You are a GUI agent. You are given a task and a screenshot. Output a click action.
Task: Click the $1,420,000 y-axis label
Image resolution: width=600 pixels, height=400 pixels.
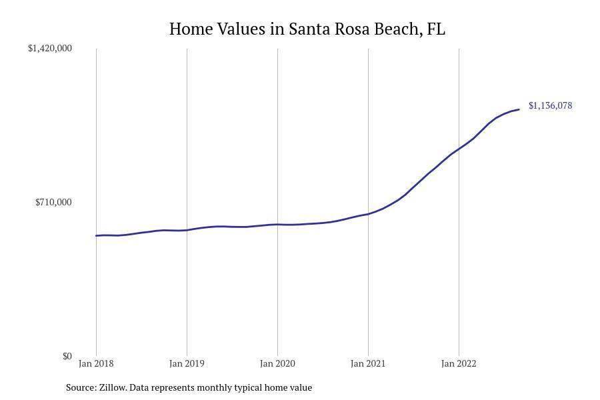tap(50, 48)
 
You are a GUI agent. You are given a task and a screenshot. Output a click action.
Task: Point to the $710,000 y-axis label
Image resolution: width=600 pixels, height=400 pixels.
tap(53, 202)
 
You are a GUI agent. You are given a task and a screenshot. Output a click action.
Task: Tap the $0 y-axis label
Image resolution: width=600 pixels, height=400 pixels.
tap(67, 356)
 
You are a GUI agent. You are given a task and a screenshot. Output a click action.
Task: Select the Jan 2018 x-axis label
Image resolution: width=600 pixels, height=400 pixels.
tap(96, 363)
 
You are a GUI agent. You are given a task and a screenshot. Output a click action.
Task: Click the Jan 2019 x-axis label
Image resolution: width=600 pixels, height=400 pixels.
tap(187, 363)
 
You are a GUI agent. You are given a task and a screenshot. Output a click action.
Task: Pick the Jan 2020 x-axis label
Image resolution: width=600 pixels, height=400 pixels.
tap(277, 363)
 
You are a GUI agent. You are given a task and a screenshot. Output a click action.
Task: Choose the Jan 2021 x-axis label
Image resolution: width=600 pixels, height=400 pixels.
tap(368, 363)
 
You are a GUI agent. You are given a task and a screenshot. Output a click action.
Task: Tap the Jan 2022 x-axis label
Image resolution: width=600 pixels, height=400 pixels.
tap(459, 363)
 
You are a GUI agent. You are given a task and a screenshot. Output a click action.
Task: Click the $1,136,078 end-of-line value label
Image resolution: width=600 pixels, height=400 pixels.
tap(550, 105)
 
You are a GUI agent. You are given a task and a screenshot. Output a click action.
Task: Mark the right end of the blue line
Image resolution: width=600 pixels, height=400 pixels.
tap(519, 109)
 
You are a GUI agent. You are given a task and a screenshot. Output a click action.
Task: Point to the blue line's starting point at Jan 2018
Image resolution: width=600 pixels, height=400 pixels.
tap(97, 235)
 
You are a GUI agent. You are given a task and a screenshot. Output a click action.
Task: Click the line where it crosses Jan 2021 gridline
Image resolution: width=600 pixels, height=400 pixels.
tap(368, 214)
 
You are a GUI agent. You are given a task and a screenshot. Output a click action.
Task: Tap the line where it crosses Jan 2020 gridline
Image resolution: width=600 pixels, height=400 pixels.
tap(277, 225)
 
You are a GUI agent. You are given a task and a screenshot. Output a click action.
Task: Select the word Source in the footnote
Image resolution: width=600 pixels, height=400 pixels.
tap(80, 387)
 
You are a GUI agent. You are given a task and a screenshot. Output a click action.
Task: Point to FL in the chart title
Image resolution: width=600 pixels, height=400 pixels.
tap(436, 29)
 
